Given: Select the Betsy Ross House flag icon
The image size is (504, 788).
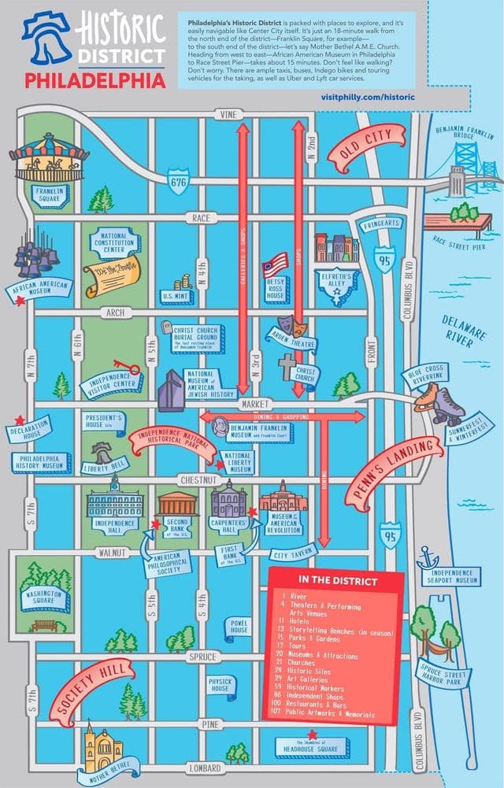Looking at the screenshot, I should point(275,265).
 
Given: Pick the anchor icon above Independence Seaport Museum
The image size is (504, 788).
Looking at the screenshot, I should point(428,559).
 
